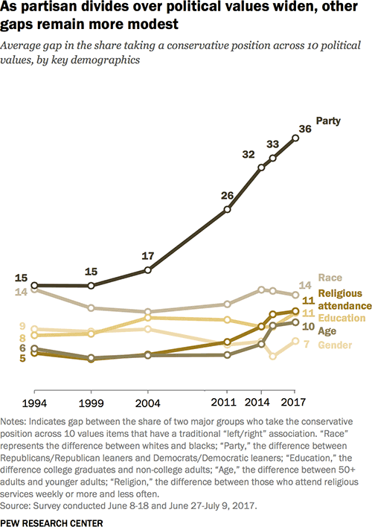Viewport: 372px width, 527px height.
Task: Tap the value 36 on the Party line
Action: tap(304, 129)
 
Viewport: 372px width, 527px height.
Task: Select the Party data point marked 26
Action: tap(228, 210)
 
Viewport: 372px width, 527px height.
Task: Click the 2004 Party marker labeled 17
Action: tap(147, 269)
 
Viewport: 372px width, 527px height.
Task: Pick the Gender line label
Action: tap(335, 344)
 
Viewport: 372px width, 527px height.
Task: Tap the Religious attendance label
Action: tap(344, 299)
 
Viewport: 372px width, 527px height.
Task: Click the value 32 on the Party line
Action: tap(248, 155)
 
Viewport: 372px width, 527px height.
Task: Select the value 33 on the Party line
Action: tap(273, 144)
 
